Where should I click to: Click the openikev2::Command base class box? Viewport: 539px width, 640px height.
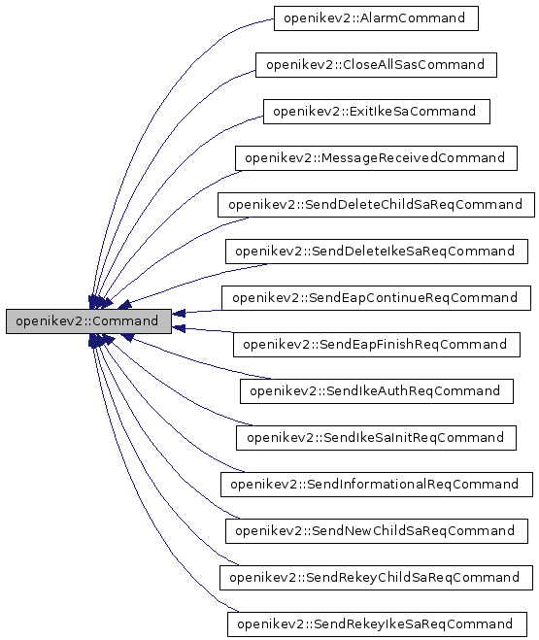coord(88,321)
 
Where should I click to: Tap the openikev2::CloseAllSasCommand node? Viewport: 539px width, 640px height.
coord(376,65)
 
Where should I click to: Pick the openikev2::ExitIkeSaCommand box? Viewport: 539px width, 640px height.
coord(376,112)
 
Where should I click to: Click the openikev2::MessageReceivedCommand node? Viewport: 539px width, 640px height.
coord(375,158)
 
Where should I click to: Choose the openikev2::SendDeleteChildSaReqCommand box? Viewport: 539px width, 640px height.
coord(375,205)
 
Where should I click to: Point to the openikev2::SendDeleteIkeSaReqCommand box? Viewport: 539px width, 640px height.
coord(375,252)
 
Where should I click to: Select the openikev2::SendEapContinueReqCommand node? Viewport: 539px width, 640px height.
coord(375,298)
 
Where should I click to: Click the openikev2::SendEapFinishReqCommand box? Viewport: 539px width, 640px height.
coord(375,345)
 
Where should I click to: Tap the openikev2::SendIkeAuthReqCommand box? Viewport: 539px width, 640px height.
coord(375,391)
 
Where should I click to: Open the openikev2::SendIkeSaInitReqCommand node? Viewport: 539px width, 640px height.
coord(375,438)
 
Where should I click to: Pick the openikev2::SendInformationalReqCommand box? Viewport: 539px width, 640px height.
coord(375,485)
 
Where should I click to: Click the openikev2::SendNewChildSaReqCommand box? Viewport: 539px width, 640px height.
coord(375,531)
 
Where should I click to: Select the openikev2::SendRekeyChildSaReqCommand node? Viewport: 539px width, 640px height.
coord(375,578)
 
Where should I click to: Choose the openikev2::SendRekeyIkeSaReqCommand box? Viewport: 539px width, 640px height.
coord(375,624)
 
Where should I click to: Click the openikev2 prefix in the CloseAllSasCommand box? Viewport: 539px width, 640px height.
coord(294,65)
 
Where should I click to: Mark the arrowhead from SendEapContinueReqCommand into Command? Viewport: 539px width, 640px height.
coord(181,313)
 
